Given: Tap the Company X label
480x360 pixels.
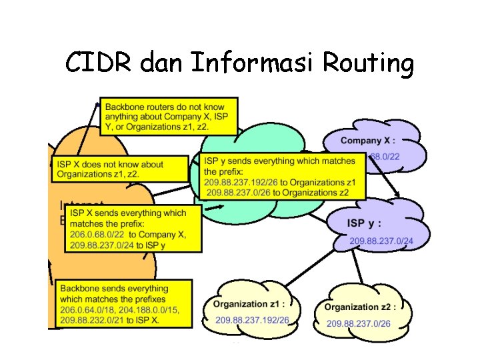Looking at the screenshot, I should pos(367,141).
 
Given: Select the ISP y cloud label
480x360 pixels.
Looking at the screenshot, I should pos(364,223).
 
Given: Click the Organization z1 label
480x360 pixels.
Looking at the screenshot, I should pos(249,304).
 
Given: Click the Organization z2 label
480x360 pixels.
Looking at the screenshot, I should pos(360,307).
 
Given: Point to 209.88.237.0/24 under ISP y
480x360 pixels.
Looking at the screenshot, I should pos(381,240).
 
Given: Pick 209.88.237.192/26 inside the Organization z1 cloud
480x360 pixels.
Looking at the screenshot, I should pos(252,320).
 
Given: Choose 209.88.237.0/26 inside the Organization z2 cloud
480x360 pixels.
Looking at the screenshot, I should pos(358,323).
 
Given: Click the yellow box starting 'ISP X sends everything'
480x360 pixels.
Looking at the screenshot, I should pos(133,228).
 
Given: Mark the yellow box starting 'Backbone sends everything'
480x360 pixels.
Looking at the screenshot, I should pos(124,303).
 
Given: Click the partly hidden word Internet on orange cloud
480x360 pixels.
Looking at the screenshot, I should pos(80,203).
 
